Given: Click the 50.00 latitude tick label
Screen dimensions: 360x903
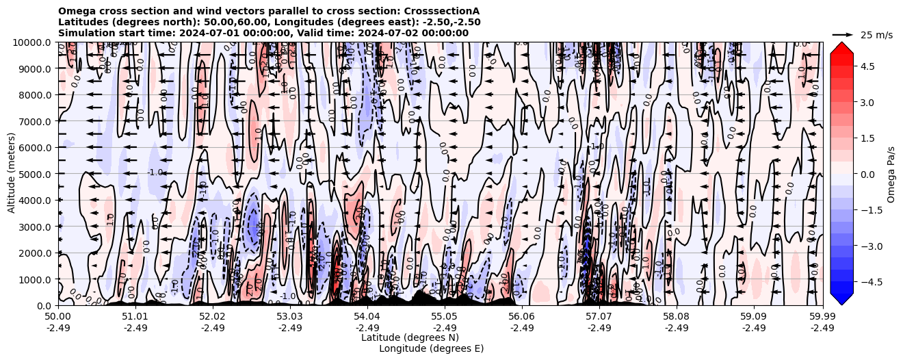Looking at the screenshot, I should pos(58,316).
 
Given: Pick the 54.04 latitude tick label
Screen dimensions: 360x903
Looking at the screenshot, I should pos(367,316).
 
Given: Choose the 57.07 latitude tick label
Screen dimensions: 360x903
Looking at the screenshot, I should pos(599,316).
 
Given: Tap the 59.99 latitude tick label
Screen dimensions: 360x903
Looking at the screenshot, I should pos(822,316).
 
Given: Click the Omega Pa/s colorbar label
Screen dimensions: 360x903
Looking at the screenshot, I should pos(891,174).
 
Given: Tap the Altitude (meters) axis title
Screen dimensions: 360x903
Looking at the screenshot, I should pos(12,174).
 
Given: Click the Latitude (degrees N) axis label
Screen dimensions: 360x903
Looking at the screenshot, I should pos(410,337).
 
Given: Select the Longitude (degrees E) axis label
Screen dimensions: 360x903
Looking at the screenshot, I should pos(431,348).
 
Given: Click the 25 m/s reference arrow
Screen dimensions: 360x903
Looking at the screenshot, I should pos(843,34).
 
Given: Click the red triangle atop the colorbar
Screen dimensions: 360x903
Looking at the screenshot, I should pos(841,47).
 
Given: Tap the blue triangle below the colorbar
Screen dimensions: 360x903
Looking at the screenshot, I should pos(841,299).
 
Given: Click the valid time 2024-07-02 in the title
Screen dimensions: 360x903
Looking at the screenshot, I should pos(399,33).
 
